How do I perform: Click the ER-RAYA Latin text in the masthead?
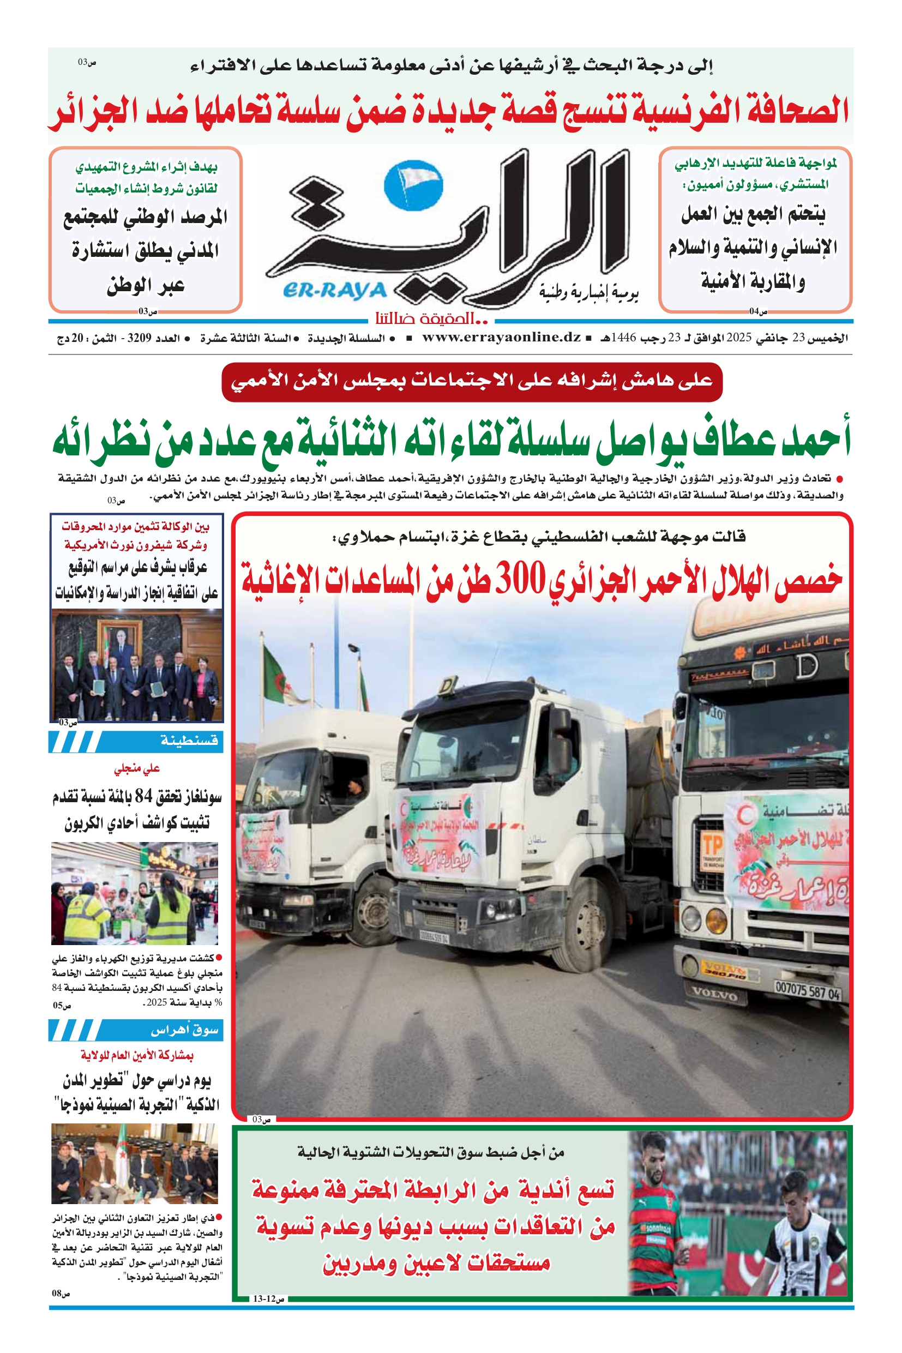(x=334, y=291)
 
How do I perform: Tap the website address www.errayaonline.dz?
(x=501, y=338)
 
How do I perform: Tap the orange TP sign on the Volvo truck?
(x=712, y=845)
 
